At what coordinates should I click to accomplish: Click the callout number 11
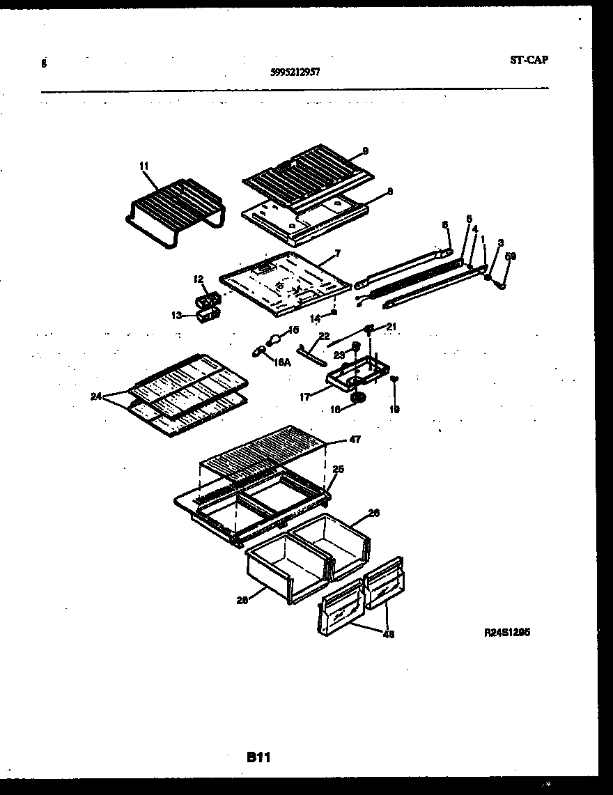(x=143, y=166)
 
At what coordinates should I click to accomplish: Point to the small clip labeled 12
(x=208, y=300)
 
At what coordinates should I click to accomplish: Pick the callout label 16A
(x=281, y=362)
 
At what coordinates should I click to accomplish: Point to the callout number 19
(x=394, y=410)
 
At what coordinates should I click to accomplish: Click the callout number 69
(x=510, y=256)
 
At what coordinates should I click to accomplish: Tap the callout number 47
(x=355, y=440)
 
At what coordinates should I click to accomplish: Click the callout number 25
(x=338, y=470)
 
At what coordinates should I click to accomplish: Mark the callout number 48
(x=387, y=634)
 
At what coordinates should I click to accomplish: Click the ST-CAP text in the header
(x=529, y=60)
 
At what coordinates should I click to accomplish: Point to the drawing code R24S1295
(x=508, y=633)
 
